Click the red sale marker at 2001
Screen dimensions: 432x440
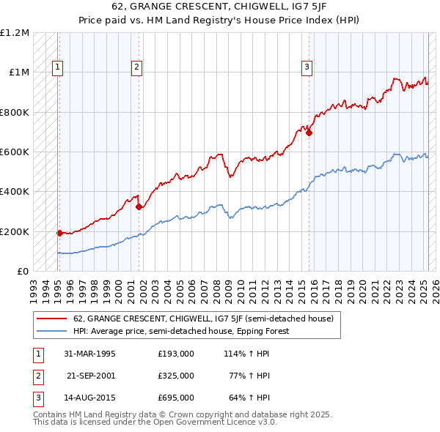(x=139, y=206)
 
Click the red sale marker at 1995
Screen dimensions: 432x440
(x=59, y=233)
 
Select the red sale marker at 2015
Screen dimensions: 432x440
(x=309, y=133)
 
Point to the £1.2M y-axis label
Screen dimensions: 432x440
(x=15, y=33)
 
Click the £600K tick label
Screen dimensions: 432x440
(x=15, y=152)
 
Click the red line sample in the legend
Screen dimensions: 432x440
(x=53, y=319)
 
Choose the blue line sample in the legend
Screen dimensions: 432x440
(x=53, y=331)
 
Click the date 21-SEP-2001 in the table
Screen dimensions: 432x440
(x=91, y=376)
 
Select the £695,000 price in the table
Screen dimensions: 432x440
(x=175, y=398)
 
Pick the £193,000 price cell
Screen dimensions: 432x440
(x=175, y=354)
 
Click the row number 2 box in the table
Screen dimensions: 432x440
(x=37, y=376)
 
